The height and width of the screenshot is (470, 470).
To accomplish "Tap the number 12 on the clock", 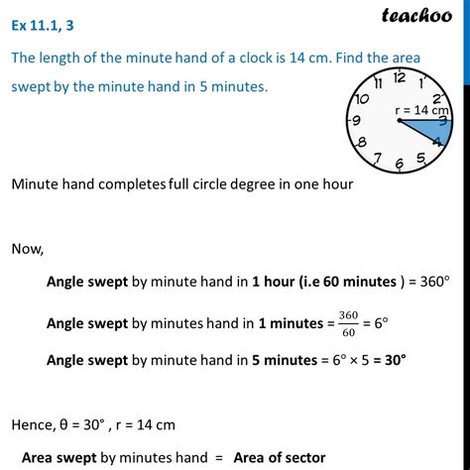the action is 399,77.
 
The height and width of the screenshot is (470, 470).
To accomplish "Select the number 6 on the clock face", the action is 399,164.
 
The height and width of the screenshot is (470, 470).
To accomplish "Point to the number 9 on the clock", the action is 355,120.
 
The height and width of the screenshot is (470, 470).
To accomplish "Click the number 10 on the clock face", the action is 362,99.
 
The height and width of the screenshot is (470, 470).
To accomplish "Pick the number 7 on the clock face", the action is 377,158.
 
